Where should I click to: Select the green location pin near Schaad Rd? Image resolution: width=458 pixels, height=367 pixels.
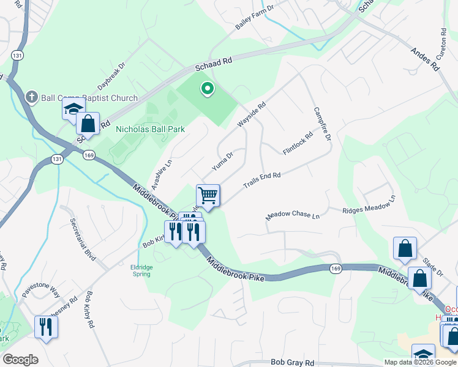tap(208, 89)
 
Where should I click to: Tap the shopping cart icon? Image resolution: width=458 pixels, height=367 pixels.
tap(208, 196)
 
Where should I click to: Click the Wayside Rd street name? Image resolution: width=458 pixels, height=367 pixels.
tap(252, 114)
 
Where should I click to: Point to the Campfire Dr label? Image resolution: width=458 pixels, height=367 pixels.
tap(322, 124)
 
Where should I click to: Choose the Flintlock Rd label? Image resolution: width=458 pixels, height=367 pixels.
tap(298, 144)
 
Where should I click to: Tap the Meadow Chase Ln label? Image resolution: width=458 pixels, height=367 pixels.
tap(293, 216)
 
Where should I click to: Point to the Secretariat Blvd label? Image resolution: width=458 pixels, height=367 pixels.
tap(83, 239)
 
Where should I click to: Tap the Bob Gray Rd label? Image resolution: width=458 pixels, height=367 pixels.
tap(292, 362)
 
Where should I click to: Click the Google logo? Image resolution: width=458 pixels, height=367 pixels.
tap(20, 360)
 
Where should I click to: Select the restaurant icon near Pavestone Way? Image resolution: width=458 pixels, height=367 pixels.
tap(46, 327)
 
